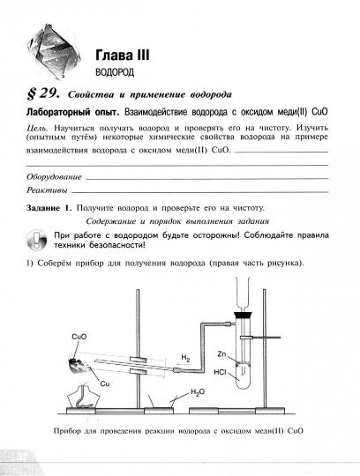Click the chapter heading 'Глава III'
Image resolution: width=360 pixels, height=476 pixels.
pyautogui.click(x=123, y=55)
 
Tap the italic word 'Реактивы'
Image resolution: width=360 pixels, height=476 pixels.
pyautogui.click(x=47, y=190)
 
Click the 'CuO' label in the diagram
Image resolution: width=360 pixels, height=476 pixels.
pyautogui.click(x=76, y=336)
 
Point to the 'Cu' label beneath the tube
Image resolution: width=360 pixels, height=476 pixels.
pyautogui.click(x=104, y=383)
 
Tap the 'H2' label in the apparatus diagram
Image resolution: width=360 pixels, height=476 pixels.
pyautogui.click(x=186, y=358)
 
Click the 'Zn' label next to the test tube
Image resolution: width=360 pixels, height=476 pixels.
pyautogui.click(x=222, y=353)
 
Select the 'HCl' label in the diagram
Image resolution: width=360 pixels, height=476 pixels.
pyautogui.click(x=221, y=370)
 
